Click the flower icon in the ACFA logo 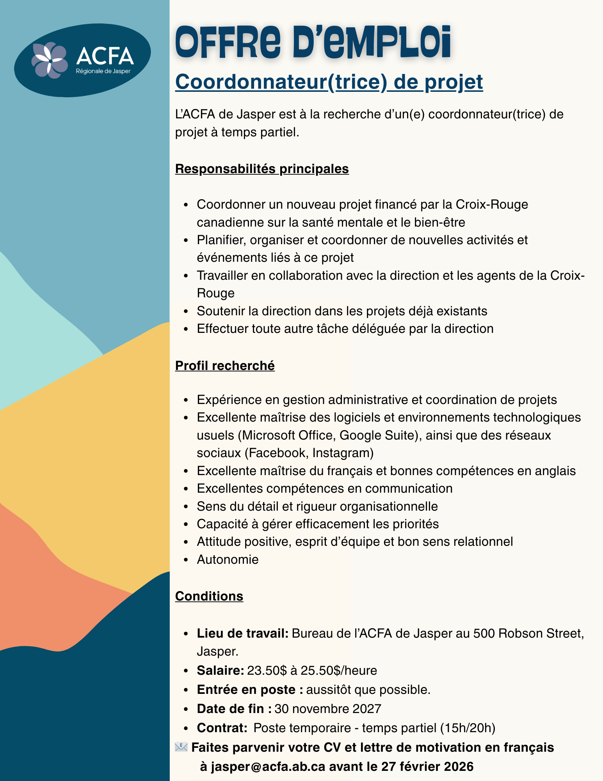coord(50,60)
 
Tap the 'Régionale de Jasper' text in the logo coord(103,71)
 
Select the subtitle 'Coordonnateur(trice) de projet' coord(329,82)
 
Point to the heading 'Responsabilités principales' coord(262,169)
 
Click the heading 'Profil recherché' coord(225,366)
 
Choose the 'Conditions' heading coord(209,596)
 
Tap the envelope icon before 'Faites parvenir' coord(181,747)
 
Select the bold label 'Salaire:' coord(221,670)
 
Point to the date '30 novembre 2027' coord(328,708)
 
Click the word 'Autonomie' coord(228,559)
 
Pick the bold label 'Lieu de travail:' coord(242,633)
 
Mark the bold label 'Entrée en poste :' coord(250,690)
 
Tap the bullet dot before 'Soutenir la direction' coord(187,311)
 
